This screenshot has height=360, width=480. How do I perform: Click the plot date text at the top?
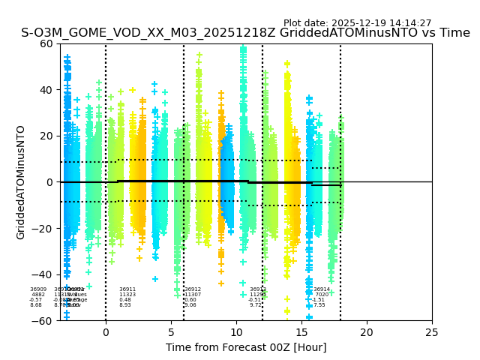[357, 23]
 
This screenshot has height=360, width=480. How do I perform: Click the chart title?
[245, 33]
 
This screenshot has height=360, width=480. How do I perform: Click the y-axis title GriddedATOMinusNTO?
[21, 182]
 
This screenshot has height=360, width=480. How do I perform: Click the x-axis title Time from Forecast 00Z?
[246, 347]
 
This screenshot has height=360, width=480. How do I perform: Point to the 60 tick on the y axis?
[46, 43]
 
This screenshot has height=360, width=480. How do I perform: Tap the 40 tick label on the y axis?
[46, 90]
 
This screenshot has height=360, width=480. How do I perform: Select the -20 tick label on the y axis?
[43, 229]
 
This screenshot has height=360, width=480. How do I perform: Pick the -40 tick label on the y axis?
[43, 274]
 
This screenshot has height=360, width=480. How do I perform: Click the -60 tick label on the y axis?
[43, 321]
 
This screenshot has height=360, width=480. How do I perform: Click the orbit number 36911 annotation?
[127, 289]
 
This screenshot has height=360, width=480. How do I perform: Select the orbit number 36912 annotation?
[193, 289]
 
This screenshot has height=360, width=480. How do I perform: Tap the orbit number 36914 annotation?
[322, 289]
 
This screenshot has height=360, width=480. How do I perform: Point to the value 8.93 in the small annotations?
[125, 305]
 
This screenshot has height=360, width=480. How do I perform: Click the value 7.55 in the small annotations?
[319, 305]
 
